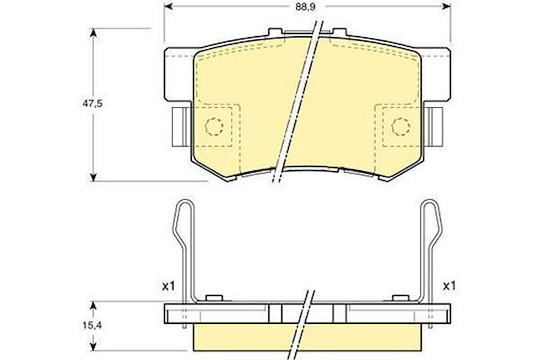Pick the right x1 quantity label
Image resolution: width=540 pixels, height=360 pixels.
click(449, 286)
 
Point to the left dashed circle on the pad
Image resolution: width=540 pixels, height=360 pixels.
click(214, 126)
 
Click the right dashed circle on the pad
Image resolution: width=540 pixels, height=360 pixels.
click(401, 126)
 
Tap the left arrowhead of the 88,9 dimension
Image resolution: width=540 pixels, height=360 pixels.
click(168, 6)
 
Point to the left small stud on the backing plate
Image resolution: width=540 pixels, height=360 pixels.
click(214, 298)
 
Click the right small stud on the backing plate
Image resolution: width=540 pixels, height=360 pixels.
click(401, 298)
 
